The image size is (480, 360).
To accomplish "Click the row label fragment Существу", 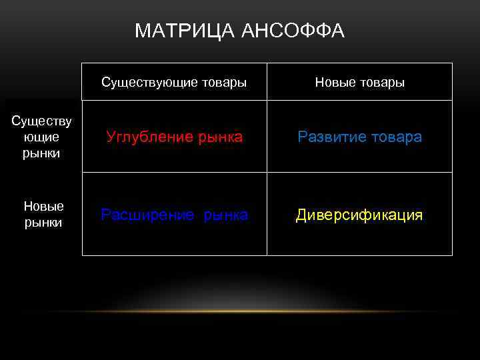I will [41, 121].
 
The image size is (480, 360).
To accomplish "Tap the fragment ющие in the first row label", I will [41, 137].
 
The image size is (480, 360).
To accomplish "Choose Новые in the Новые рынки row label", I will [43, 207].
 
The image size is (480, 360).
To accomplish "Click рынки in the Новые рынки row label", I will [43, 223].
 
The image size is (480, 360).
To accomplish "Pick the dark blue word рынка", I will [226, 215].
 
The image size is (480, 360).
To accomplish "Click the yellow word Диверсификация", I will [359, 215].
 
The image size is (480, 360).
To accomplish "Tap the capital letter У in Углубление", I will [111, 137].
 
